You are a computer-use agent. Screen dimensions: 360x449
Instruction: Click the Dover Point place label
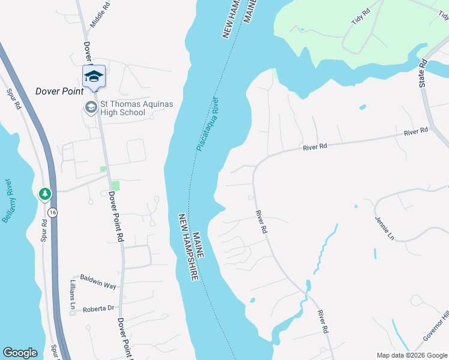click(58, 91)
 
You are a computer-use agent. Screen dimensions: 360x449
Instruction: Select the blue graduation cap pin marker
click(93, 76)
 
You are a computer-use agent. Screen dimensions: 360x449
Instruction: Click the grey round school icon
click(91, 108)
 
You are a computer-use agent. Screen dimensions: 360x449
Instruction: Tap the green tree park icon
click(44, 194)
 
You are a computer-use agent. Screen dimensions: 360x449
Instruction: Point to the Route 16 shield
click(53, 212)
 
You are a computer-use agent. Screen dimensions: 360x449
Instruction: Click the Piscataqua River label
click(208, 124)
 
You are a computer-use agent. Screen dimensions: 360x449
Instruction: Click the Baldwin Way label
click(98, 285)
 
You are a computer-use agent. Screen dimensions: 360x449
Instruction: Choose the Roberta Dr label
click(98, 308)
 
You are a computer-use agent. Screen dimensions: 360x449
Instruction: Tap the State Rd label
click(423, 74)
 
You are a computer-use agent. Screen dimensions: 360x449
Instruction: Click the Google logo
click(20, 353)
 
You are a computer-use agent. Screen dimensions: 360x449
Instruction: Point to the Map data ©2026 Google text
click(412, 355)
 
